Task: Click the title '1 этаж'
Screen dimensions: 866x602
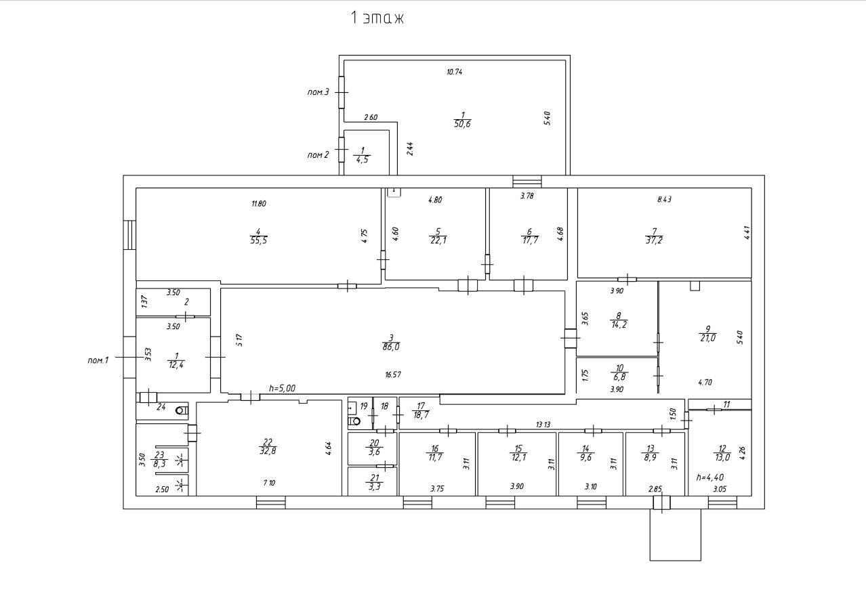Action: [x=377, y=18]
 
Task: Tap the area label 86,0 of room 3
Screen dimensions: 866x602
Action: [x=391, y=347]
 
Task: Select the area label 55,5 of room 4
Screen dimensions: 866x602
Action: [x=259, y=240]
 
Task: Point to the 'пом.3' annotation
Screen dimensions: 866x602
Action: [x=318, y=92]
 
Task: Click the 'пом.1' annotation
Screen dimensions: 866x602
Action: [x=98, y=360]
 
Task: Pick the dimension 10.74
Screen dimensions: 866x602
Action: [x=454, y=72]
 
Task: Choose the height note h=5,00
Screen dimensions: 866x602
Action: [x=282, y=388]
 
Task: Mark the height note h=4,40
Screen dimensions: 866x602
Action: [x=710, y=477]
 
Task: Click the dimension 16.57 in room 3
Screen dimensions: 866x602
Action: [x=393, y=374]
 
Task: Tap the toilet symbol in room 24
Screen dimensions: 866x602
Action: [x=182, y=410]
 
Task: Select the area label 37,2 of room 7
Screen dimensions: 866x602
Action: [x=654, y=240]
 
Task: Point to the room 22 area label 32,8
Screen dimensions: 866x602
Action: [x=268, y=451]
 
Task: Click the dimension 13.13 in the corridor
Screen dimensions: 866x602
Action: [x=543, y=425]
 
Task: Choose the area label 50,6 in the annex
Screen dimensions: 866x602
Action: [x=462, y=124]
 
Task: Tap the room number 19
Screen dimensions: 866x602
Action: [x=363, y=406]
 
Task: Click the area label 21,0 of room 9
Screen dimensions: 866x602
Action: [x=708, y=338]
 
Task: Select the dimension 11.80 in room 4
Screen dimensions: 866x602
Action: [x=259, y=204]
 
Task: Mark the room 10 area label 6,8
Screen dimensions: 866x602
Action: [x=619, y=377]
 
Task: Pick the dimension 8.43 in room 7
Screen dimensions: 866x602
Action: [x=664, y=199]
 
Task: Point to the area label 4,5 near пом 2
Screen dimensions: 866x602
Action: [x=363, y=160]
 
